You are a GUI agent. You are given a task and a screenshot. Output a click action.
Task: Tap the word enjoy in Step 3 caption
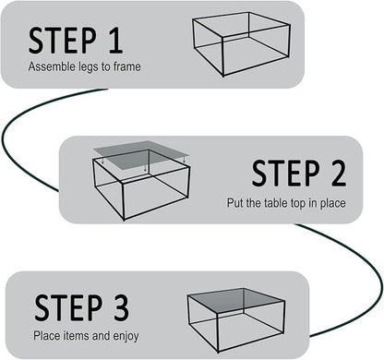[x=124, y=335]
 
